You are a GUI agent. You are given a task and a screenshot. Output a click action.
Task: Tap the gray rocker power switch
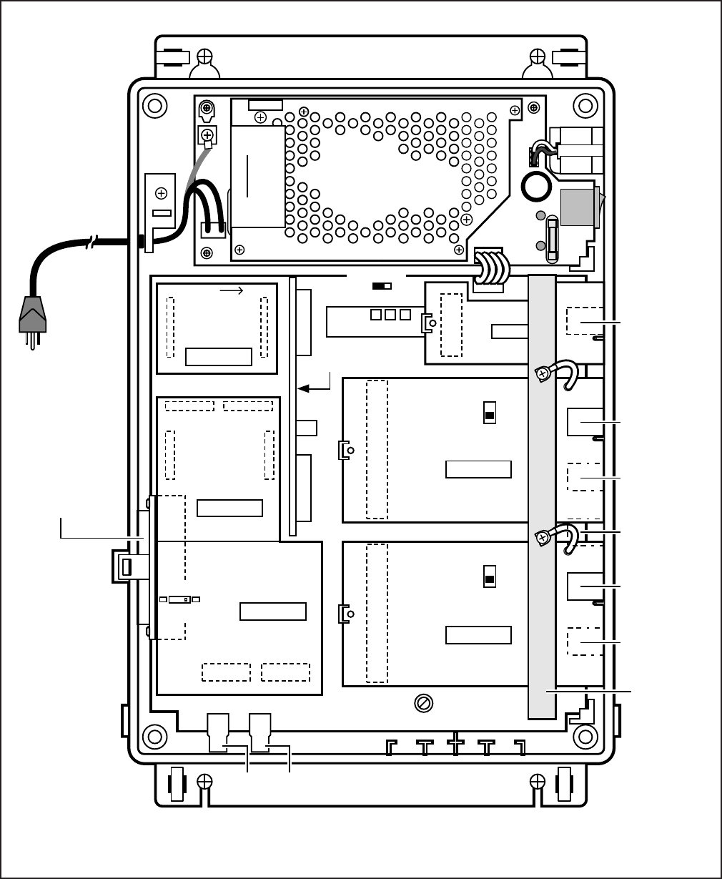click(x=579, y=208)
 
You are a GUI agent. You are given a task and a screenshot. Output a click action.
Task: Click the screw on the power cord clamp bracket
click(x=162, y=192)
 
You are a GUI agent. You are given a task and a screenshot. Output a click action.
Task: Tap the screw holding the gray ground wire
click(x=208, y=134)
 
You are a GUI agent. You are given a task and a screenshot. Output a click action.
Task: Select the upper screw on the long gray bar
click(x=543, y=372)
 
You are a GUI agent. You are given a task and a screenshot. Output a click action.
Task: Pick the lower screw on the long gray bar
click(x=543, y=536)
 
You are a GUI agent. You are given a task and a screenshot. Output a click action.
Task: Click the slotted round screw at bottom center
click(x=423, y=704)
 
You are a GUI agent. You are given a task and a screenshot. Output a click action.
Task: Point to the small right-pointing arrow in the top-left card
click(x=231, y=290)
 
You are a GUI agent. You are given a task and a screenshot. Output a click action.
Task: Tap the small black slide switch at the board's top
click(x=382, y=286)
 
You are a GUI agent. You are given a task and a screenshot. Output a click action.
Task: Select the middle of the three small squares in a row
click(x=390, y=315)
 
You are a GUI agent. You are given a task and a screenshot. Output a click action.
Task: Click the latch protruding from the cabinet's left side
click(x=124, y=568)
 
